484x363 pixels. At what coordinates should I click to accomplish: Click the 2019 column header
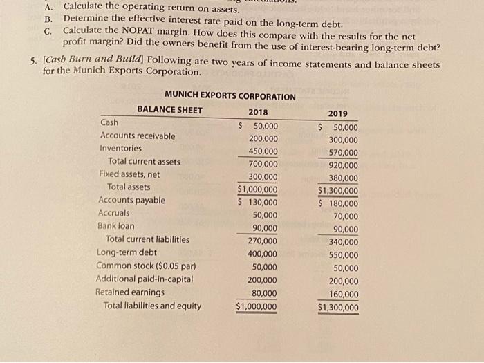(339, 114)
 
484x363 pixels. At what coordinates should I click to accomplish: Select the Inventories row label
(121, 149)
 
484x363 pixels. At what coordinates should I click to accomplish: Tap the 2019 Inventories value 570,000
(343, 153)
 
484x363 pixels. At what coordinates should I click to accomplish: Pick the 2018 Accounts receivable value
(263, 138)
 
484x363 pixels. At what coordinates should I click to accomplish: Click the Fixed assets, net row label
(129, 174)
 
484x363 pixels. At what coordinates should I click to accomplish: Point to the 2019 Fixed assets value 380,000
(343, 178)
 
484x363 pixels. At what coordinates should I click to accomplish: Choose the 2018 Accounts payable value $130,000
(258, 202)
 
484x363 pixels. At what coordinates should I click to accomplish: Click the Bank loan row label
(116, 226)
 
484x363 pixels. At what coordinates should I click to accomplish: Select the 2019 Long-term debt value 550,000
(343, 255)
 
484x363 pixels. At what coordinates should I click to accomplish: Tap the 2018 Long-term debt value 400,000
(263, 254)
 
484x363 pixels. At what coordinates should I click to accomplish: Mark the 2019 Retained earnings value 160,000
(343, 295)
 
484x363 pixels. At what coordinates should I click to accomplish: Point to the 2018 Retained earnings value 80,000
(266, 293)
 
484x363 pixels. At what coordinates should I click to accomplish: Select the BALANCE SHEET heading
(169, 110)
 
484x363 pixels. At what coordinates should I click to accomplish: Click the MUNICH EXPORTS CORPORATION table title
(230, 96)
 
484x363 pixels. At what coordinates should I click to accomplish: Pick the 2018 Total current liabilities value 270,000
(263, 241)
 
